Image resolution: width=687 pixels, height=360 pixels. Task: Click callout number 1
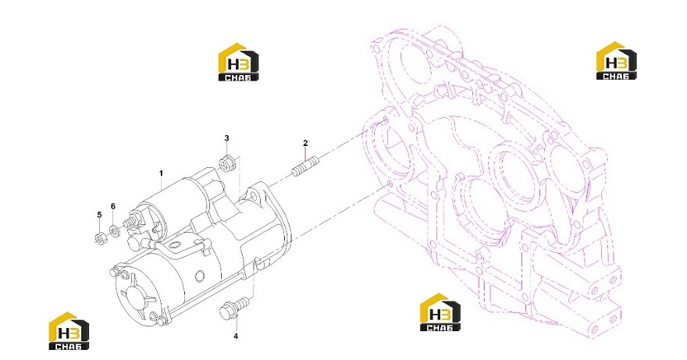(x=161, y=173)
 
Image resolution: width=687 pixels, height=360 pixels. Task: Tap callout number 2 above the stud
(x=305, y=143)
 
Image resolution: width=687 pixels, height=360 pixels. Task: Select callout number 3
(x=226, y=138)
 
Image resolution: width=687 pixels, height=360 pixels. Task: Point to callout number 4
(x=236, y=337)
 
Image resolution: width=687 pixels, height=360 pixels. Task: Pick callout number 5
(x=99, y=215)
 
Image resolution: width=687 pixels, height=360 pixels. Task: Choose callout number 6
(x=113, y=206)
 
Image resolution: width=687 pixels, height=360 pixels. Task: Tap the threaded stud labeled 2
(x=305, y=166)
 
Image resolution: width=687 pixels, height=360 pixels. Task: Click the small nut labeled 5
(x=99, y=238)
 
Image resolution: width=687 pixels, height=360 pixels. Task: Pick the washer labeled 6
(x=114, y=230)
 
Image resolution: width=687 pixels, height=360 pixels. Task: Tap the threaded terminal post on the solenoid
(x=130, y=222)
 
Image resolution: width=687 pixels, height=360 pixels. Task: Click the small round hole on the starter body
(x=200, y=276)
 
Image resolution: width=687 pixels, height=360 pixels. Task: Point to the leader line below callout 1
(x=161, y=183)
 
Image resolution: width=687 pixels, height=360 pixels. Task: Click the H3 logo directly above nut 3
(x=238, y=62)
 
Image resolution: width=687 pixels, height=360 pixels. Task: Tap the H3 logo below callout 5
(x=69, y=331)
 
